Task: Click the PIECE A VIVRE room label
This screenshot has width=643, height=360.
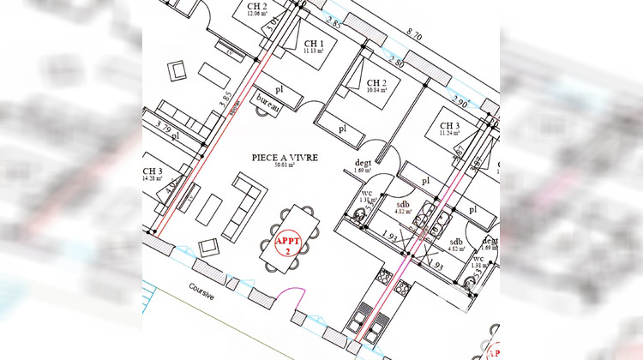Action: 285,158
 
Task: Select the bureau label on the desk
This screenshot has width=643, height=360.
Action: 270,101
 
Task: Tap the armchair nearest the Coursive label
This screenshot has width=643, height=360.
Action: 208,248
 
